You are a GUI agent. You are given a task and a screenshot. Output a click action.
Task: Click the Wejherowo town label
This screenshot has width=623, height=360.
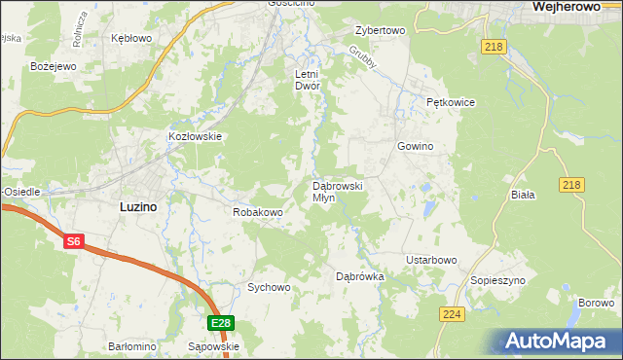[572, 7]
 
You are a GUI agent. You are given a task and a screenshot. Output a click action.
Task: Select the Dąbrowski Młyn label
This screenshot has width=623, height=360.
[336, 191]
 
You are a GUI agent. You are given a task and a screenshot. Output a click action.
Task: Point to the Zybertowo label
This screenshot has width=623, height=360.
[380, 30]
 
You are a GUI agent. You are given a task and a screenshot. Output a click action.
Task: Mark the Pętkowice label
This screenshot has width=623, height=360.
[449, 101]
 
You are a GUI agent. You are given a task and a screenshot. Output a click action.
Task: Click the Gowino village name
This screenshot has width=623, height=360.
[414, 146]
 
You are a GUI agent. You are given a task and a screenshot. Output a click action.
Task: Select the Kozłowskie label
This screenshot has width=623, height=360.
[196, 137]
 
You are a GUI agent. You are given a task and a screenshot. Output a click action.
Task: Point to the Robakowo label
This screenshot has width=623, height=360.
[258, 211]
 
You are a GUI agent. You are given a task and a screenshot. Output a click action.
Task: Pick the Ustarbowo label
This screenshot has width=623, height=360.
[430, 260]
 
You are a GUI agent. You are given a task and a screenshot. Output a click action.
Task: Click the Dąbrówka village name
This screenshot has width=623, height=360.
[360, 276]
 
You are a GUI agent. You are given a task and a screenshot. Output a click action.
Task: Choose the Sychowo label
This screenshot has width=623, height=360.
[269, 287]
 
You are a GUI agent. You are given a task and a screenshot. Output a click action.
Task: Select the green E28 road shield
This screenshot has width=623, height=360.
[221, 323]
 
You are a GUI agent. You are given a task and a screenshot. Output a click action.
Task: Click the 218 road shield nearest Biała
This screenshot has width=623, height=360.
[572, 185]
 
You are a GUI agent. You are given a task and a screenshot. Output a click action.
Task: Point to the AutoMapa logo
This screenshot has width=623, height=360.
[558, 342]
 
